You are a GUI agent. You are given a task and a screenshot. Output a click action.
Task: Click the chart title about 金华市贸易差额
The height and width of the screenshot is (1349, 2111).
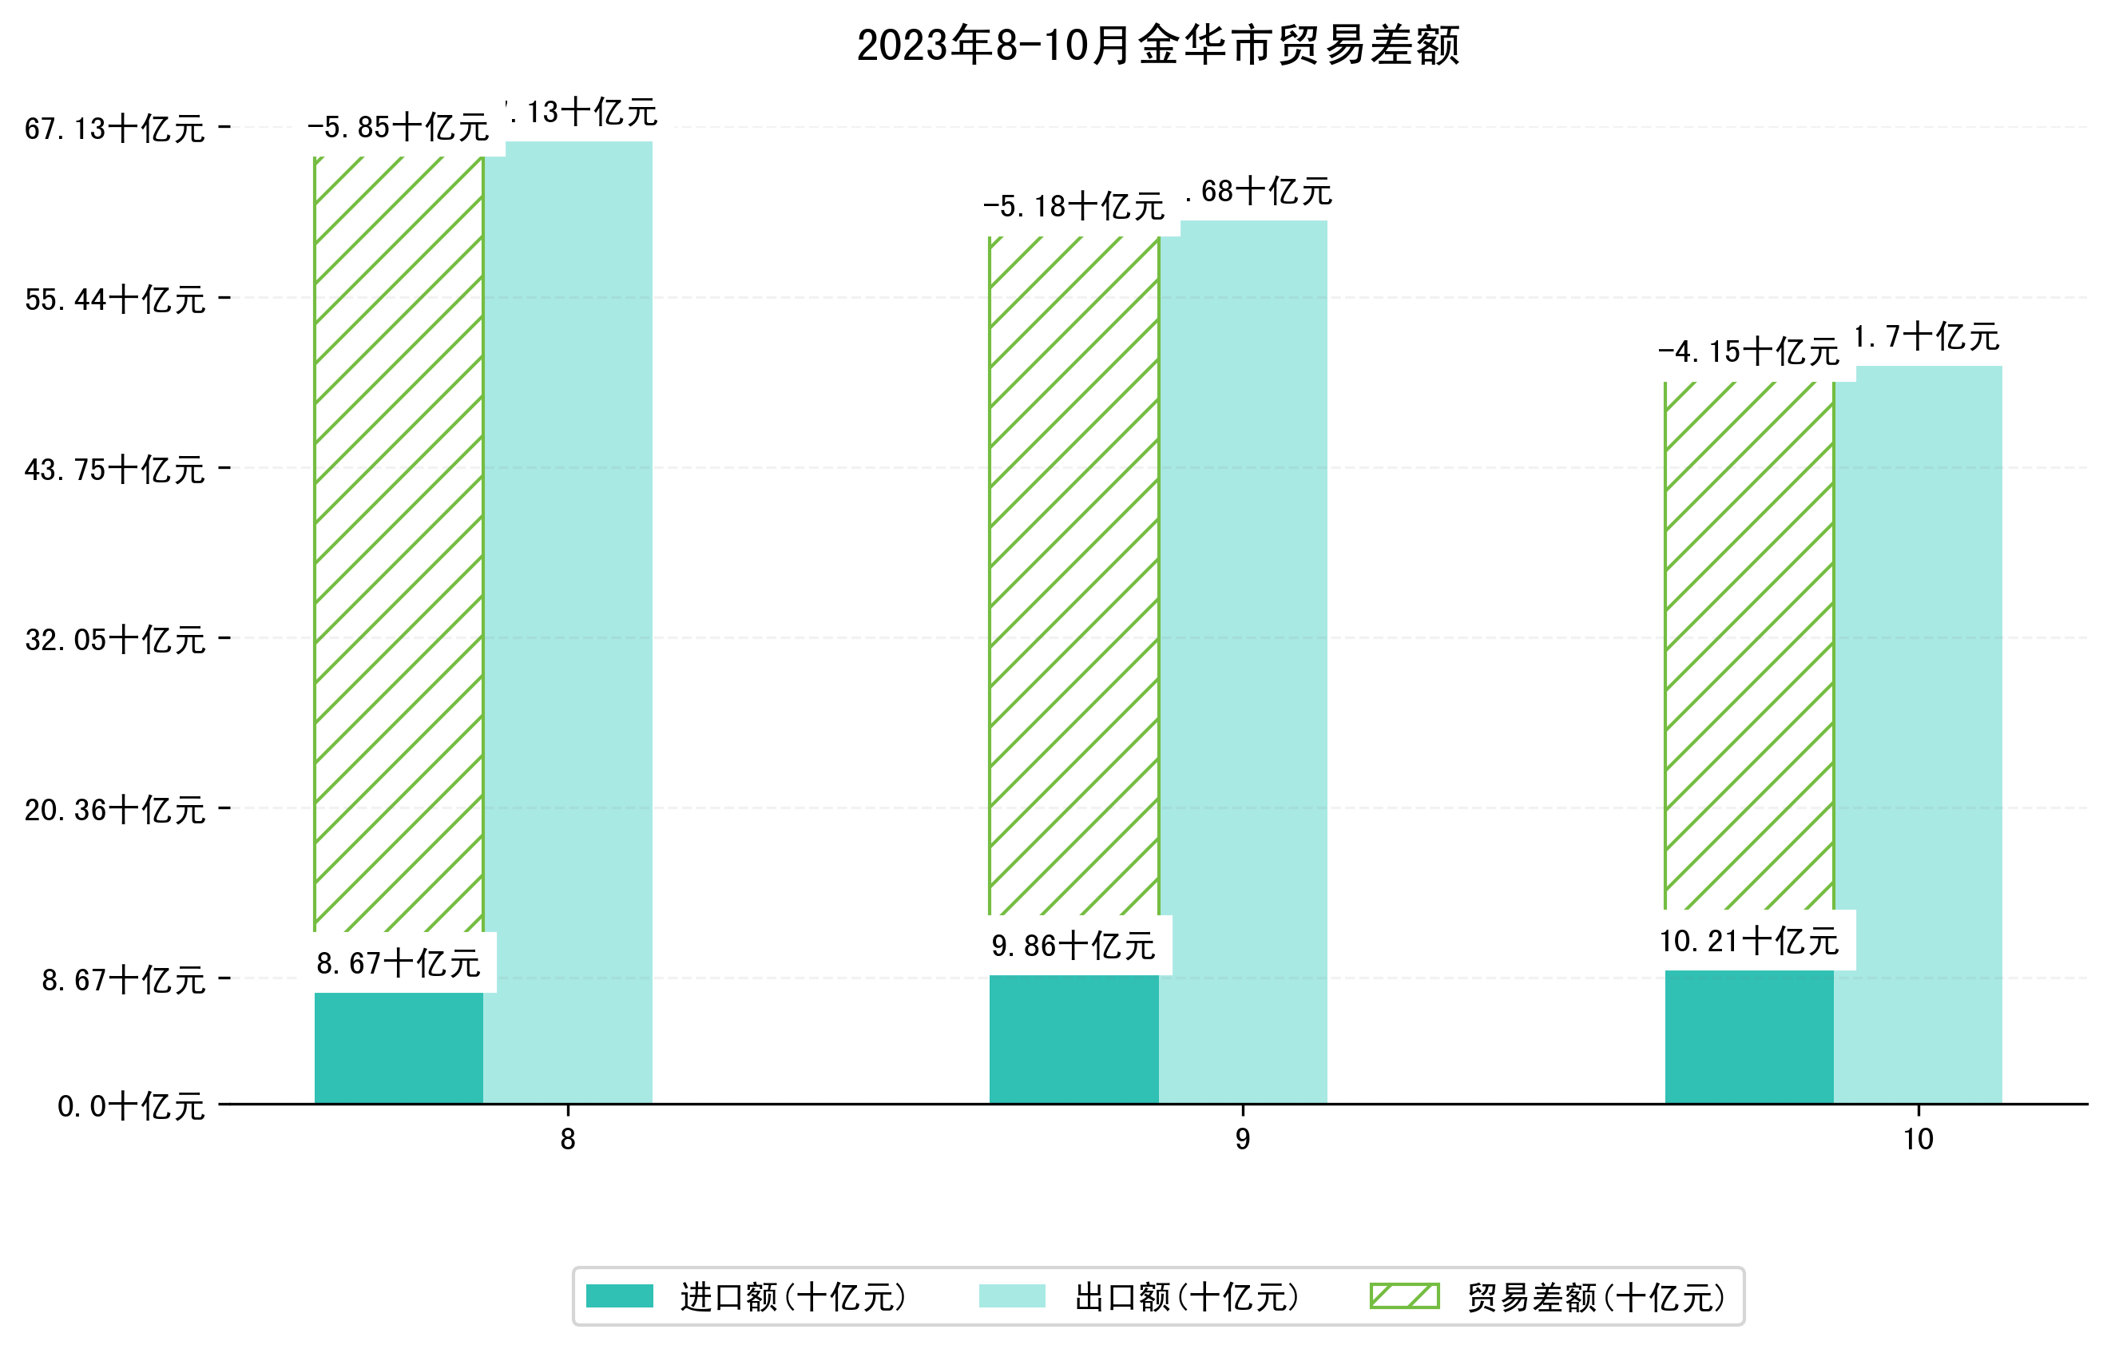pyautogui.click(x=1158, y=46)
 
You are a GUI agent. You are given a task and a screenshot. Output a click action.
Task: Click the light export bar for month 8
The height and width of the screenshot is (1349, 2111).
pyautogui.click(x=568, y=613)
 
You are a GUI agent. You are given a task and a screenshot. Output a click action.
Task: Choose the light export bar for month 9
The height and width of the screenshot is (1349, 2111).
pyautogui.click(x=1243, y=657)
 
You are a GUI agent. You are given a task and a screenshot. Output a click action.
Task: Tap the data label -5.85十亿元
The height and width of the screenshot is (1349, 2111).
pyautogui.click(x=398, y=128)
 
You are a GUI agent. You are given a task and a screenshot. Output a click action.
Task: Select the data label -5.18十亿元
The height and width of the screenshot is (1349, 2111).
pyautogui.click(x=1073, y=207)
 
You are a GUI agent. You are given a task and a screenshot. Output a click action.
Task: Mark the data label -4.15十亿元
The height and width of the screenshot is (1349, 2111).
pyautogui.click(x=1748, y=352)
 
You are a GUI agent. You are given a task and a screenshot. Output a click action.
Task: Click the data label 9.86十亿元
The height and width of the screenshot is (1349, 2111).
pyautogui.click(x=1073, y=946)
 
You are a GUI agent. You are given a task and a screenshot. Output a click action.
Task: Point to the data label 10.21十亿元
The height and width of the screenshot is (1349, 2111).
pyautogui.click(x=1748, y=942)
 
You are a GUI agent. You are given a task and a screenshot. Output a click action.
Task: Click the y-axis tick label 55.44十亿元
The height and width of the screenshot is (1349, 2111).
pyautogui.click(x=115, y=300)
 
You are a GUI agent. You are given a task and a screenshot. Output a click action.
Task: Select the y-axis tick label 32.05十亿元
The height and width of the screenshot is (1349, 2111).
pyautogui.click(x=115, y=640)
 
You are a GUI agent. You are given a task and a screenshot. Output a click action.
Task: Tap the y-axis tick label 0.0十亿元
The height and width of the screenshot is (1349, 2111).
pyautogui.click(x=131, y=1106)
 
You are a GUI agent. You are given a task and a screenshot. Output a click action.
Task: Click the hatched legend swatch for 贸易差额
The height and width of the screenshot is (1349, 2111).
pyautogui.click(x=1404, y=1295)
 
